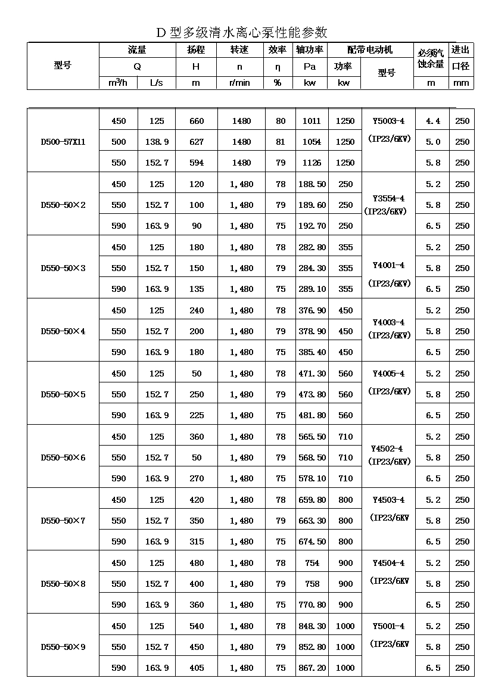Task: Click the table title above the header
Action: pyautogui.click(x=242, y=32)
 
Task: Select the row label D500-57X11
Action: pyautogui.click(x=63, y=142)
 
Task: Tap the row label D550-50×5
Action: pyautogui.click(x=63, y=394)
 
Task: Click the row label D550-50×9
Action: pyautogui.click(x=63, y=647)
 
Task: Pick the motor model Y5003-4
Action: pyautogui.click(x=388, y=122)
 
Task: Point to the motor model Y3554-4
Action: pyautogui.click(x=388, y=198)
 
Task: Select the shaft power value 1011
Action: pyautogui.click(x=312, y=122)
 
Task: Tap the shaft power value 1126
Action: pyautogui.click(x=312, y=163)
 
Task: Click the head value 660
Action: pyautogui.click(x=197, y=122)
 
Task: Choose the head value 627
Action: pyautogui.click(x=197, y=142)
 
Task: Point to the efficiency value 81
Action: pyautogui.click(x=281, y=142)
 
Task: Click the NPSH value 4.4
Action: pyautogui.click(x=433, y=122)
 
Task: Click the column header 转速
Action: pyautogui.click(x=239, y=50)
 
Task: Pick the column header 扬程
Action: pyautogui.click(x=196, y=50)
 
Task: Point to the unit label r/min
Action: pyautogui.click(x=239, y=83)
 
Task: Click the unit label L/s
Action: pyautogui.click(x=157, y=83)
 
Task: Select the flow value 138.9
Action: pyautogui.click(x=157, y=142)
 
